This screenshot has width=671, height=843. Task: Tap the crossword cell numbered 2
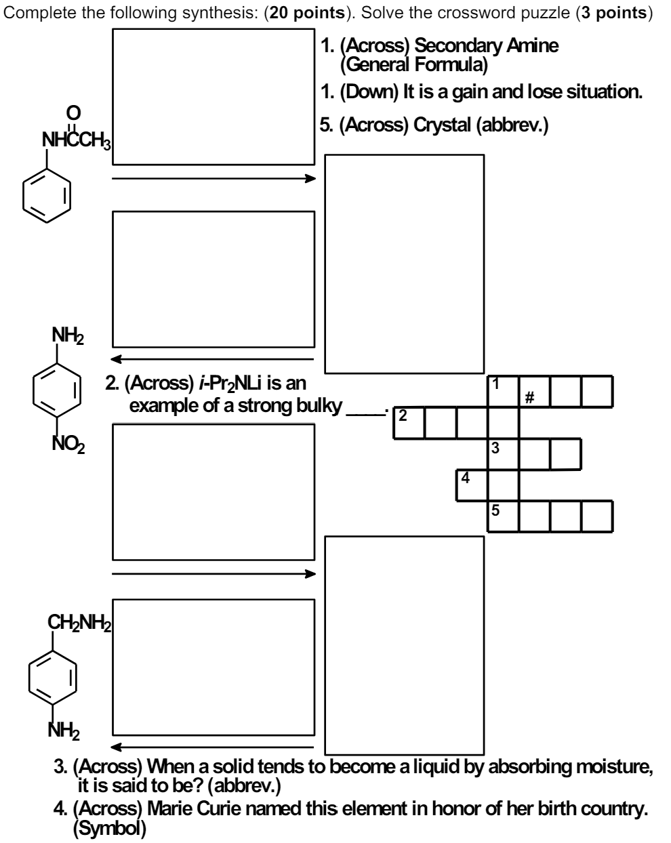(409, 423)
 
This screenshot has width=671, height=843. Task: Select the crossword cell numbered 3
(503, 454)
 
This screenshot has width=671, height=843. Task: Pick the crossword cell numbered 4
(472, 485)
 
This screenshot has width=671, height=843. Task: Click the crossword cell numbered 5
(503, 516)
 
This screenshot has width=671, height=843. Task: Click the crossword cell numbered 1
(503, 392)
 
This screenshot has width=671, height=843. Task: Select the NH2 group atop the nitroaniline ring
(68, 335)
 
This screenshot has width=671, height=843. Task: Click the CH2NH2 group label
(79, 621)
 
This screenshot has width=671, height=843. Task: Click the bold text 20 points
(309, 14)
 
